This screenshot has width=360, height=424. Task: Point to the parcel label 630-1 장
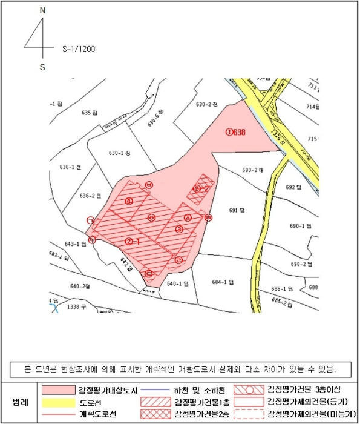click(120, 153)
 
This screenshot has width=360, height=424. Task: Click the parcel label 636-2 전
click(90, 196)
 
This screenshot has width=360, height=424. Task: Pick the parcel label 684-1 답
click(222, 282)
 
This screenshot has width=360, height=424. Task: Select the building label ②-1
click(133, 241)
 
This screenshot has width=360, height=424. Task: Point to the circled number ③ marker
click(179, 230)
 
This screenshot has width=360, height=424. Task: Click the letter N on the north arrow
click(42, 11)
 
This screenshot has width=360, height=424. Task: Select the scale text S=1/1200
click(79, 48)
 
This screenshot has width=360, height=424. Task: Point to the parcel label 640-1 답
click(179, 283)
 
